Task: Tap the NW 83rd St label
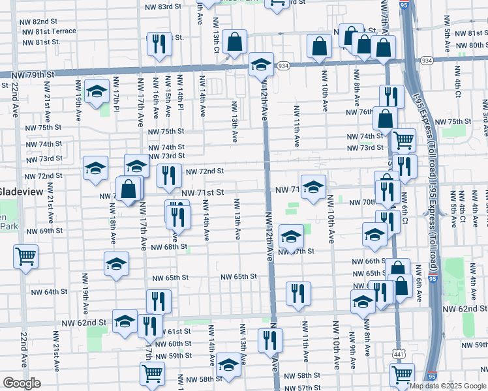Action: click(160, 7)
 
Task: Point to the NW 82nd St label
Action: click(40, 22)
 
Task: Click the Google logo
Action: click(22, 383)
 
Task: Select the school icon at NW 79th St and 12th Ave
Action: click(261, 65)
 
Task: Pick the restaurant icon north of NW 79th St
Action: click(159, 44)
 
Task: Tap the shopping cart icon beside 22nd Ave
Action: click(26, 256)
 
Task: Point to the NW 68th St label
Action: click(169, 247)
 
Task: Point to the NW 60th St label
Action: click(173, 343)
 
